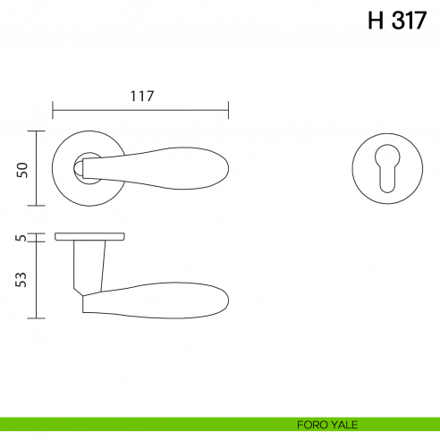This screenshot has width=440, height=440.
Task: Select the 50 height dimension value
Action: click(23, 169)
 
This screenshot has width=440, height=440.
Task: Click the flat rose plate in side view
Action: click(89, 238)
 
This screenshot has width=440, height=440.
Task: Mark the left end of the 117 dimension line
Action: click(54, 110)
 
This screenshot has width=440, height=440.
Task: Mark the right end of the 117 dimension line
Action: click(229, 110)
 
